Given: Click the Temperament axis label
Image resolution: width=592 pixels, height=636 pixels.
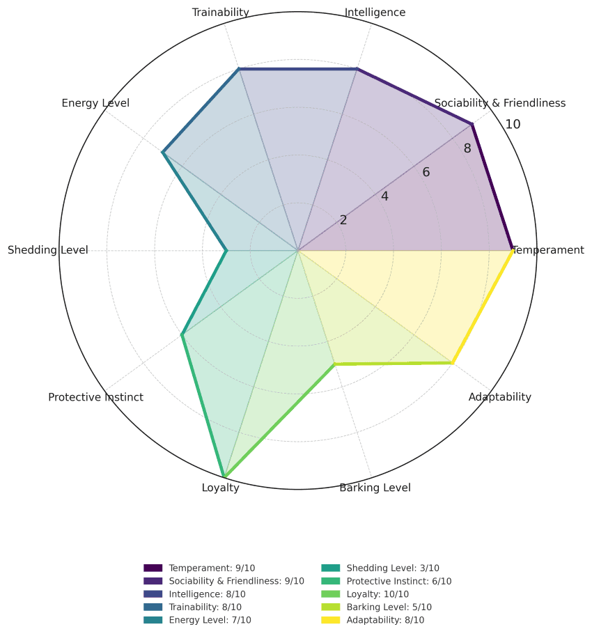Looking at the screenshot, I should click(x=549, y=250).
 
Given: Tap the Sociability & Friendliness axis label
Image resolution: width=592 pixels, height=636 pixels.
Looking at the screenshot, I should click(x=499, y=103).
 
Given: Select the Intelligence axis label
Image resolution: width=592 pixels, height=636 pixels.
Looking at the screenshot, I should click(x=375, y=12).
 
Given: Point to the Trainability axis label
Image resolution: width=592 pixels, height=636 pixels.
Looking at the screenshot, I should click(x=220, y=12).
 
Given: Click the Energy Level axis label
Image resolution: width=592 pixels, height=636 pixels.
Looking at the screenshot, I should click(x=95, y=103).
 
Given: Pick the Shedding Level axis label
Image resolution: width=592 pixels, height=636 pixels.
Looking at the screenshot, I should click(x=47, y=250).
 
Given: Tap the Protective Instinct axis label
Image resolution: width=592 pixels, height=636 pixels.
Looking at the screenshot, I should click(x=95, y=397).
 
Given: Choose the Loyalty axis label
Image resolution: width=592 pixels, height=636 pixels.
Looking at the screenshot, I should click(x=220, y=488).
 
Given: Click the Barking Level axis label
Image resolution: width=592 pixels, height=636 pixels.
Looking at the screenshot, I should click(x=375, y=488).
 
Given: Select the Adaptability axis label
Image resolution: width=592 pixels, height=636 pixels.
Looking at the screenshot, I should click(x=499, y=397).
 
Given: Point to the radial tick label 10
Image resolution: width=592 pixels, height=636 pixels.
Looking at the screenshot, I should click(x=513, y=125).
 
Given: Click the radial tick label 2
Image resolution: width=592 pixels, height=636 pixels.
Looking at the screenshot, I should click(x=343, y=220).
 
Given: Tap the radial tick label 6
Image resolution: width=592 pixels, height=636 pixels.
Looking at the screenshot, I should click(x=426, y=173).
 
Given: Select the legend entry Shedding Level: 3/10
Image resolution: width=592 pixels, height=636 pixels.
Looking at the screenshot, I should click(x=392, y=568).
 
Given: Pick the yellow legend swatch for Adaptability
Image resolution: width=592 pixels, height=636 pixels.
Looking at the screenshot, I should click(x=330, y=620).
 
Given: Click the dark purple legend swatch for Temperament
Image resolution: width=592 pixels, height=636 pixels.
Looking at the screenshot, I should click(x=153, y=568).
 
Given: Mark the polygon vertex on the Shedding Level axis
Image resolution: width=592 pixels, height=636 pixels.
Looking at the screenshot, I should click(x=226, y=250).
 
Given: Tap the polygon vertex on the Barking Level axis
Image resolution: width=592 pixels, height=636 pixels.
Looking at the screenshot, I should click(x=335, y=364).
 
